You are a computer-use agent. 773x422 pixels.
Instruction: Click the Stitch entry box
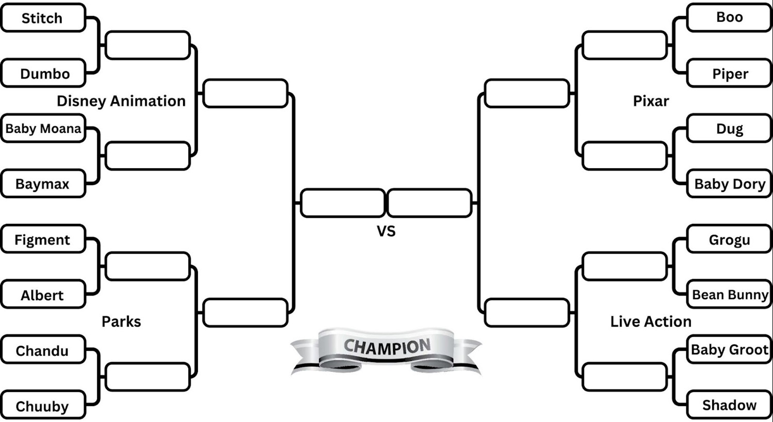click(43, 18)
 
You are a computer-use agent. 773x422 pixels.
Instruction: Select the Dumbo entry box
click(44, 73)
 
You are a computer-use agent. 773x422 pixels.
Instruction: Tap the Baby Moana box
click(43, 128)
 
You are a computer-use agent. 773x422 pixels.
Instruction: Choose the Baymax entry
click(43, 184)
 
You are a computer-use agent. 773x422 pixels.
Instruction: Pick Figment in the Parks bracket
click(43, 239)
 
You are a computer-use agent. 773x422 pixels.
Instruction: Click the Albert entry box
click(43, 295)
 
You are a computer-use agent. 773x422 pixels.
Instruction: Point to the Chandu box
click(43, 350)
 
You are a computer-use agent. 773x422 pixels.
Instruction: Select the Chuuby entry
click(43, 406)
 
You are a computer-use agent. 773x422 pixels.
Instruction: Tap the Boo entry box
click(729, 17)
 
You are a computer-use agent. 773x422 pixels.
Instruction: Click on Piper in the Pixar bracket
click(729, 73)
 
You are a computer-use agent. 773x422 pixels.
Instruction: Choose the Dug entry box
click(729, 128)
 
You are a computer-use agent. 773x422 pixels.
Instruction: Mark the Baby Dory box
click(729, 184)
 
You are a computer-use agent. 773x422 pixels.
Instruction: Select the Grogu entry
click(729, 239)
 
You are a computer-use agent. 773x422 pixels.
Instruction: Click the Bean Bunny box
click(729, 295)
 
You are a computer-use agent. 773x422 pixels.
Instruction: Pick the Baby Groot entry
click(729, 349)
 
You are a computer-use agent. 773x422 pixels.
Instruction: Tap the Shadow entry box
click(729, 405)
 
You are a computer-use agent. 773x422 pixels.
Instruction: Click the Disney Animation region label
click(121, 101)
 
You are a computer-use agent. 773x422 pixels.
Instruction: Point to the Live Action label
click(650, 321)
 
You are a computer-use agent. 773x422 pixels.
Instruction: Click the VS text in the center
click(386, 231)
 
